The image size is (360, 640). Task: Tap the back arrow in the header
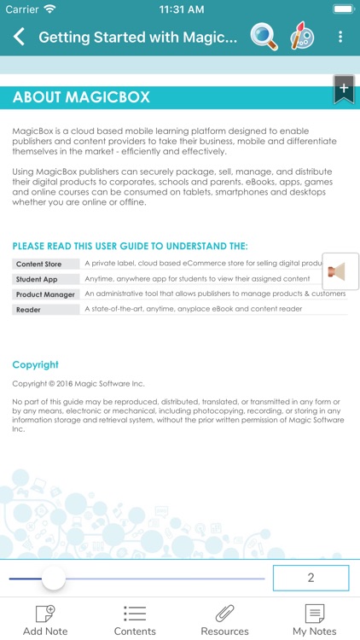pos(19,37)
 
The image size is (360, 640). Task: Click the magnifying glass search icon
pos(264,37)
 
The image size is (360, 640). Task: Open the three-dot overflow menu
pos(340,37)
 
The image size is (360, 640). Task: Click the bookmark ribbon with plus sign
pos(344,90)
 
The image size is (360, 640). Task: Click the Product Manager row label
pos(45,294)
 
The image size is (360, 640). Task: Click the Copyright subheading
pos(36,364)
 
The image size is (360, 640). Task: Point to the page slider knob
pos(54,578)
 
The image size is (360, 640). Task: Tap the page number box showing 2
pos(311,578)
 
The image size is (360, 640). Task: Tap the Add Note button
pos(45,620)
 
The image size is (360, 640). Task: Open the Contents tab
pos(135,620)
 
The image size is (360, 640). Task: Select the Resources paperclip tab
pos(224,620)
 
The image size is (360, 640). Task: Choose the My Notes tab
pos(315,620)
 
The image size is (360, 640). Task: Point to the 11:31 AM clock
pos(180,9)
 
